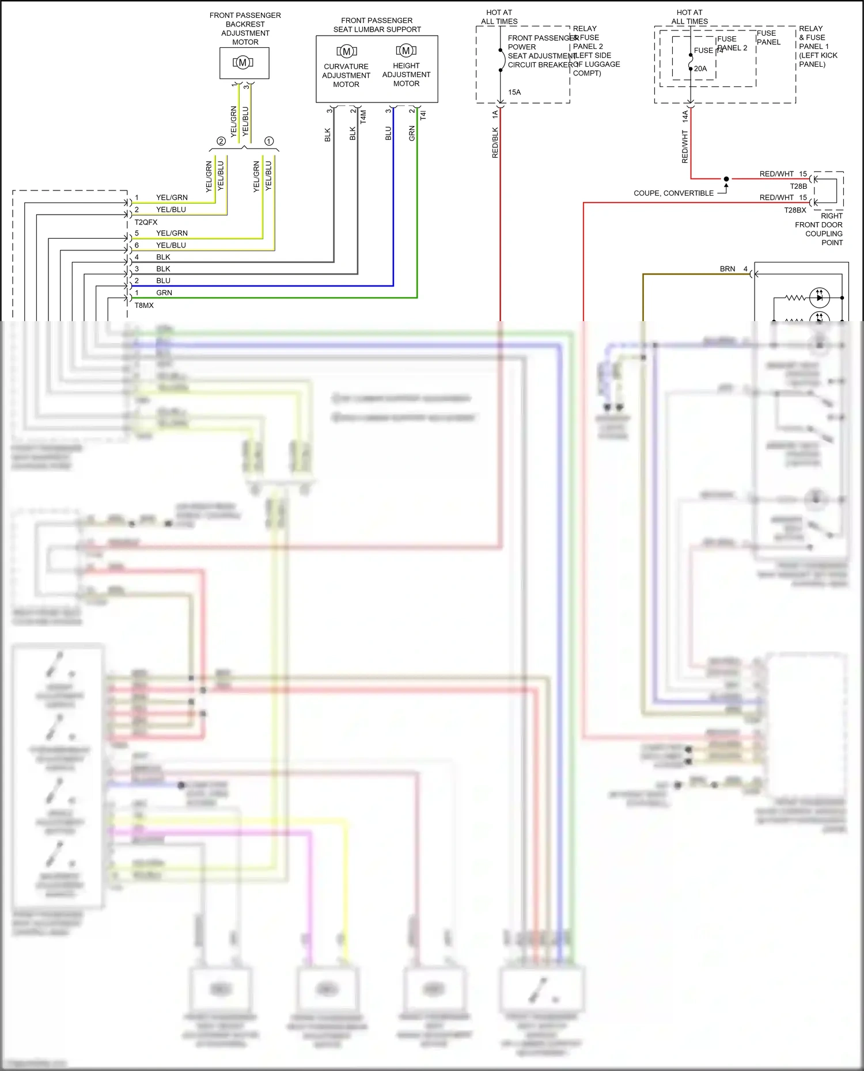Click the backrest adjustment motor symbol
pyautogui.click(x=243, y=63)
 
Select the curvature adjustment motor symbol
pyautogui.click(x=346, y=51)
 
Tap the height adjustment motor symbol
pyautogui.click(x=406, y=51)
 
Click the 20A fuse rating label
pyautogui.click(x=700, y=68)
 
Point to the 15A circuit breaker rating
pyautogui.click(x=514, y=92)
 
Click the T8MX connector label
pyautogui.click(x=144, y=306)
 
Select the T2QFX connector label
pyautogui.click(x=146, y=222)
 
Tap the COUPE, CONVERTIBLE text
pyautogui.click(x=673, y=193)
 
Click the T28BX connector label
pyautogui.click(x=795, y=210)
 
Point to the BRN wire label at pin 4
pyautogui.click(x=727, y=269)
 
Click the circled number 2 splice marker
pyautogui.click(x=221, y=141)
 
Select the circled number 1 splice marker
pyautogui.click(x=269, y=141)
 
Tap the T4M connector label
pyautogui.click(x=363, y=117)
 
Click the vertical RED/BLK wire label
pyautogui.click(x=495, y=143)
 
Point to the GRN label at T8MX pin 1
pyautogui.click(x=164, y=293)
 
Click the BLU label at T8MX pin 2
pyautogui.click(x=163, y=281)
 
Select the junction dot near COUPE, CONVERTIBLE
pyautogui.click(x=726, y=179)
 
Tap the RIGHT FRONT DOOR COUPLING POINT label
pyautogui.click(x=818, y=229)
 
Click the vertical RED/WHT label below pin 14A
pyautogui.click(x=685, y=147)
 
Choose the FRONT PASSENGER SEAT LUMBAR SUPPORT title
pyautogui.click(x=377, y=25)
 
